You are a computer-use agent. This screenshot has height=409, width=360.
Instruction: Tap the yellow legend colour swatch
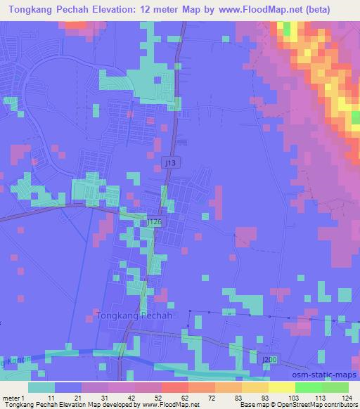tap(281, 387)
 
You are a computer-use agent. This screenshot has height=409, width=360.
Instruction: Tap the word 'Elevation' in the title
tap(132, 8)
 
